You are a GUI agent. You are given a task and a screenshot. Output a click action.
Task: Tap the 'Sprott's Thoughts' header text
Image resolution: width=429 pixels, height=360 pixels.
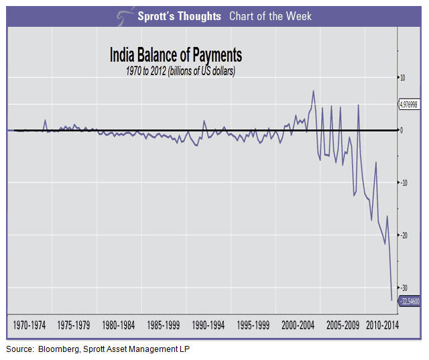click(x=178, y=16)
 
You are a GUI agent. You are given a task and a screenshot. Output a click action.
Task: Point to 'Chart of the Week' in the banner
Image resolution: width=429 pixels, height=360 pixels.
click(x=270, y=16)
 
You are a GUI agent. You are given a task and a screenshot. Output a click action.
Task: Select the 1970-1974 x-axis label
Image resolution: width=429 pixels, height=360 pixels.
click(x=30, y=325)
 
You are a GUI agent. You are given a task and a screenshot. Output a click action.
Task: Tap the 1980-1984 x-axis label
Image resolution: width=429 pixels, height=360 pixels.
click(x=119, y=325)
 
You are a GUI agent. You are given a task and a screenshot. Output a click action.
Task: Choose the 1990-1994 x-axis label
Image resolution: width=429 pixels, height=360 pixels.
click(x=208, y=325)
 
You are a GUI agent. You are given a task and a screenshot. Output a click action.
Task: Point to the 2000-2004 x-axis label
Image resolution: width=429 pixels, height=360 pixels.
click(x=298, y=325)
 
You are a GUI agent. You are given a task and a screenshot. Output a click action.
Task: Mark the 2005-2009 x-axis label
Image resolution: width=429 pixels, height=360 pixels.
click(x=343, y=325)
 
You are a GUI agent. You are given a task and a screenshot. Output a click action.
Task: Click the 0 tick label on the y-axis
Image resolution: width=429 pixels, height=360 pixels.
click(x=402, y=130)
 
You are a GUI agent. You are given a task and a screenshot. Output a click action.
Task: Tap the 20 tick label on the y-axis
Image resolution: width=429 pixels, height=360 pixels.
click(x=402, y=235)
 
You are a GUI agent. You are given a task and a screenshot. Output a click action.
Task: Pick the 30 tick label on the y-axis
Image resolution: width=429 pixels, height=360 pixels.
click(x=402, y=288)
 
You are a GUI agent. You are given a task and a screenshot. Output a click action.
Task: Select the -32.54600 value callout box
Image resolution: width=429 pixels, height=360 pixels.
click(x=410, y=302)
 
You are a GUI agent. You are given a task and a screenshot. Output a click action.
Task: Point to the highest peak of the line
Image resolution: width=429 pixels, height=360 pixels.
click(x=314, y=91)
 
